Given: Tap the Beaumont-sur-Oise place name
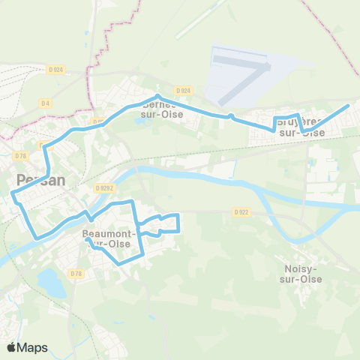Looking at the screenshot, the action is pos(109,238).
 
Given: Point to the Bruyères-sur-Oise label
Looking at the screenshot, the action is pos(301,127).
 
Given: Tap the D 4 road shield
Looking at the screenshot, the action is pos(46,102).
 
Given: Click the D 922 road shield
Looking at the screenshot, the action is pos(241,211).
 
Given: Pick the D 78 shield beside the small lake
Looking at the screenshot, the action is pos(76,274).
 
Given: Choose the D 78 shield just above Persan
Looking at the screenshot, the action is pos(19,155).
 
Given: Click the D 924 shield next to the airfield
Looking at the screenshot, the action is pos(185,90).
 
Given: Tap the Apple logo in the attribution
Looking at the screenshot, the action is pos(12,347).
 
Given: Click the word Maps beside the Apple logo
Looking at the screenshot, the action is pos(34,347).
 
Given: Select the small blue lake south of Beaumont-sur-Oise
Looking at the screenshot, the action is pos(49,283).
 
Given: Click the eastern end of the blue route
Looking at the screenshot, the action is pos(349,107).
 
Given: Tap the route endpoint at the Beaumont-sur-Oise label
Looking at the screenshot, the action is pos(88,241).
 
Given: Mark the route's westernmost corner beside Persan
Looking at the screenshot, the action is pos(13,194).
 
